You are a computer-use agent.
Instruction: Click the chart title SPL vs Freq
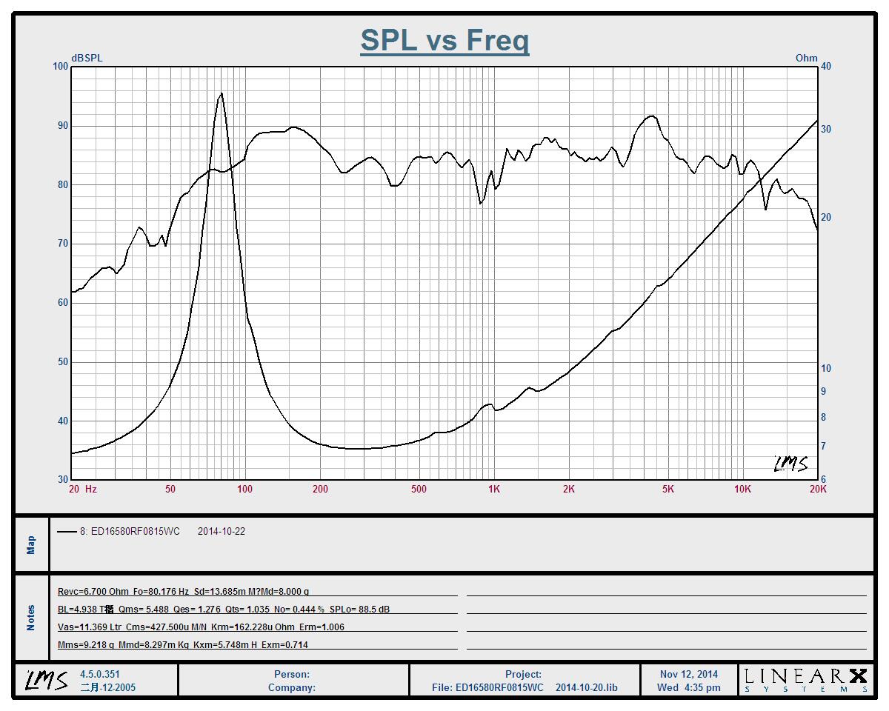click(444, 40)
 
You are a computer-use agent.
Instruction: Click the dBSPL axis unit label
click(87, 58)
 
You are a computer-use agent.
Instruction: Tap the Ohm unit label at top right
click(806, 58)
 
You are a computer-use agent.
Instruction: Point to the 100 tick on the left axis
click(60, 67)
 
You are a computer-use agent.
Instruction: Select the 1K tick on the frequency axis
click(493, 489)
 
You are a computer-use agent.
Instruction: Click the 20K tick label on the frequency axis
click(818, 489)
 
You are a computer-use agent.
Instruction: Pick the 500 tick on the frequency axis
click(419, 489)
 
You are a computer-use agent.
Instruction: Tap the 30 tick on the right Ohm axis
click(826, 129)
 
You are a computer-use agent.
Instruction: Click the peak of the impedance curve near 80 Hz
click(221, 93)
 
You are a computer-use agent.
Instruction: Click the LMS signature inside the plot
click(790, 464)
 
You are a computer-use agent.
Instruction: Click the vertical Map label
click(31, 545)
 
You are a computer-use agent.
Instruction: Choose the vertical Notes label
click(31, 618)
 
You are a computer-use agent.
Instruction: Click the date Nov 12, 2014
click(688, 674)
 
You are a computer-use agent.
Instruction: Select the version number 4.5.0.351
click(100, 674)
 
